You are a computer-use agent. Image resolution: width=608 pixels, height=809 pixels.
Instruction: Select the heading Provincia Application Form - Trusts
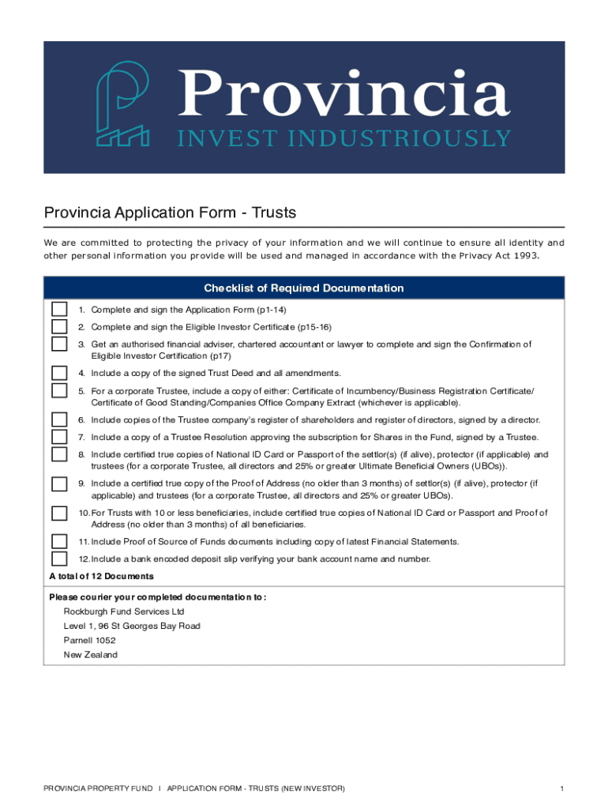click(x=170, y=213)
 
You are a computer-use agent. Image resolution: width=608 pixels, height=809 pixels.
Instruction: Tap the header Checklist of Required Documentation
click(x=304, y=288)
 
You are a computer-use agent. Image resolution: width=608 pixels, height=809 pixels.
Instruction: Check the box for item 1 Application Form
click(x=59, y=310)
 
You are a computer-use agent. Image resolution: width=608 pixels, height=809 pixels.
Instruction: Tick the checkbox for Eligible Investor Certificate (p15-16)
click(x=59, y=327)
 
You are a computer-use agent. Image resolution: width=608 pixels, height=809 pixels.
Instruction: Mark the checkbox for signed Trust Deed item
click(x=59, y=373)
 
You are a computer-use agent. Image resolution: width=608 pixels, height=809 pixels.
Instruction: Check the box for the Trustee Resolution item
click(x=59, y=437)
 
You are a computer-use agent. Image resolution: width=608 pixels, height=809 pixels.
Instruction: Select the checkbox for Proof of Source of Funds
click(x=59, y=541)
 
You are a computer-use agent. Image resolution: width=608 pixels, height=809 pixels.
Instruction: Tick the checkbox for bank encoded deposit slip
click(x=59, y=559)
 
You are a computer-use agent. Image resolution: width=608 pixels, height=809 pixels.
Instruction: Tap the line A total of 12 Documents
click(x=101, y=577)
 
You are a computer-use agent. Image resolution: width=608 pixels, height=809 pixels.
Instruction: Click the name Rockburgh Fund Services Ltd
click(x=124, y=611)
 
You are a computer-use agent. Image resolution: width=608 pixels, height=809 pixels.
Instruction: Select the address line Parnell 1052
click(x=90, y=641)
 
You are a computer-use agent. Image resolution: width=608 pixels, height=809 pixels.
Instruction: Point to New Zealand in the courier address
click(x=91, y=655)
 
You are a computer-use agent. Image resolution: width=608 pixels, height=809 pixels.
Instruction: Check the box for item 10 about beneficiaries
click(x=59, y=514)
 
